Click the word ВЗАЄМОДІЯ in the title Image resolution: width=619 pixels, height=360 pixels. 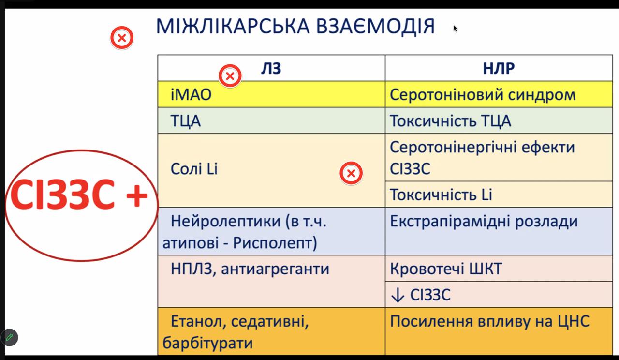(x=375, y=27)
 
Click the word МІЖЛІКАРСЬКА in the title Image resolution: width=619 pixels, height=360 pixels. (x=233, y=27)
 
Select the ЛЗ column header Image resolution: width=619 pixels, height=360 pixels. (x=271, y=69)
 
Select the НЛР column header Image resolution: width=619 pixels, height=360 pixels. (x=499, y=69)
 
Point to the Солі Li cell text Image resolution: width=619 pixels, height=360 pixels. (x=194, y=169)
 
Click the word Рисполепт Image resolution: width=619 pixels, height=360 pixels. (x=275, y=243)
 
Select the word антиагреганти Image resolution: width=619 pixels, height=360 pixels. (x=275, y=269)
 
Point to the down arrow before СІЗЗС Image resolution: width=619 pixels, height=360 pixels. (x=398, y=295)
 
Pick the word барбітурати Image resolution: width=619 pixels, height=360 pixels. (x=207, y=344)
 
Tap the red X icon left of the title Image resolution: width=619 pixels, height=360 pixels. (x=122, y=38)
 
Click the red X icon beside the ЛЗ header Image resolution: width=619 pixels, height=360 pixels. (x=230, y=76)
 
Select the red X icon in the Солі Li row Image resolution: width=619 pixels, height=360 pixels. (x=351, y=173)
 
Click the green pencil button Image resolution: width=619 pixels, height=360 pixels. (x=9, y=337)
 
